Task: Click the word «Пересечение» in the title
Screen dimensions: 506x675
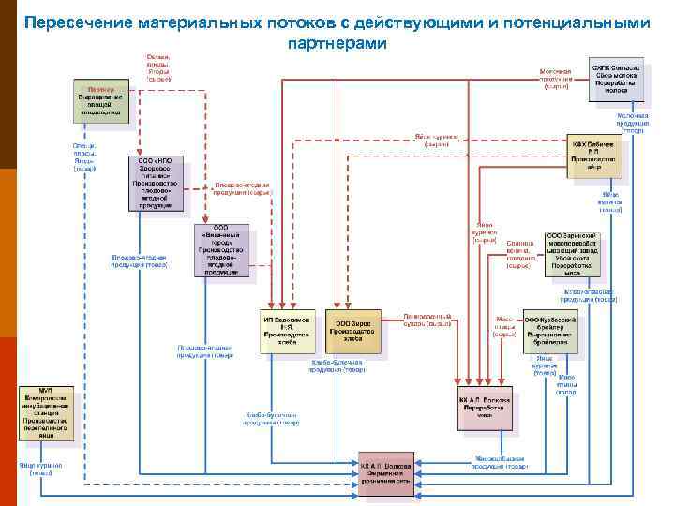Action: [x=76, y=22]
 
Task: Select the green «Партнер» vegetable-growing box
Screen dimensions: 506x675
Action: [x=98, y=99]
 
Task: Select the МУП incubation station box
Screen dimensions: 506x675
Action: [x=45, y=412]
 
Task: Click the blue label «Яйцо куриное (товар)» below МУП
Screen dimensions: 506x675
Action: [x=41, y=469]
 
